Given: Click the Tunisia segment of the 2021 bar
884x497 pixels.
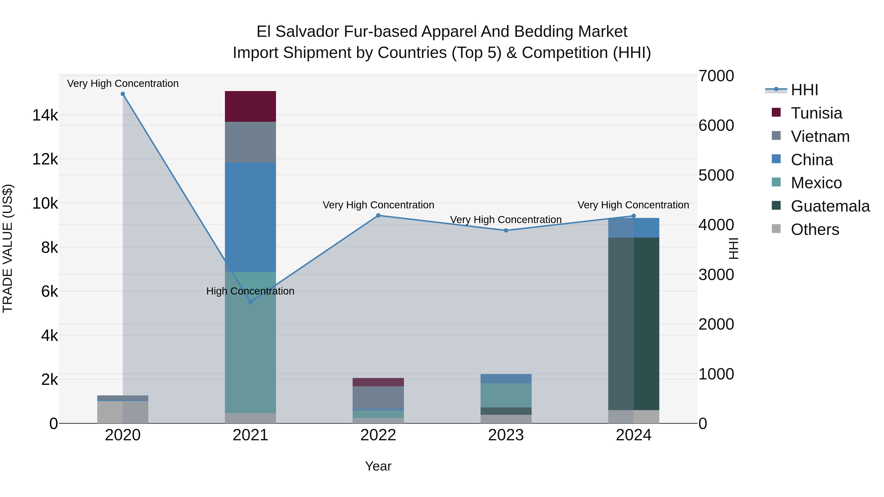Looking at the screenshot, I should coord(250,106).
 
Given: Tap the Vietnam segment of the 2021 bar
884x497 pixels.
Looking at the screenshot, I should coord(250,142).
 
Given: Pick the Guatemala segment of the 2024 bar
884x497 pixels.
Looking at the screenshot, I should coord(634,323).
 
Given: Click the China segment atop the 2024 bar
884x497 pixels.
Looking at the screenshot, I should coord(634,228).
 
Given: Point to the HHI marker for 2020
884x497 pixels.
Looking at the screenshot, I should coord(123,94).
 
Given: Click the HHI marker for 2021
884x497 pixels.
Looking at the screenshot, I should coord(250,302).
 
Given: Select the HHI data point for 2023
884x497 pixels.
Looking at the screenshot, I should coord(506,230).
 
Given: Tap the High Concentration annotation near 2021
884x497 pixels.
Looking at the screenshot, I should coord(250,291).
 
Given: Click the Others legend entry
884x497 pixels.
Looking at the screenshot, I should coord(815,229).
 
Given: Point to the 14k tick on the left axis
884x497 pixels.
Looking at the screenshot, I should coord(45,115).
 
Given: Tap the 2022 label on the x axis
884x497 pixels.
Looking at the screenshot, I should coord(378,435).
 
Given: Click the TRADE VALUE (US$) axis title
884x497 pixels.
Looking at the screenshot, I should coord(8,248).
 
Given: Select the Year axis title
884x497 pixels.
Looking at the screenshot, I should coord(378,466).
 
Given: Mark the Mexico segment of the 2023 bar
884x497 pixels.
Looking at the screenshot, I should coord(506,395).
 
